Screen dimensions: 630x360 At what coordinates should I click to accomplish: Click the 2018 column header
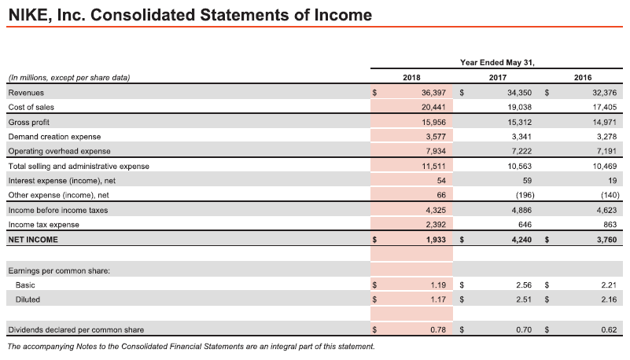411,78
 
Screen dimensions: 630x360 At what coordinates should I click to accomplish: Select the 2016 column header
583,78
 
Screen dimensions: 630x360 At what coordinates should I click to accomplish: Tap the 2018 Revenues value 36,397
433,93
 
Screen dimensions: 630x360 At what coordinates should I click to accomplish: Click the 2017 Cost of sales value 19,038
519,107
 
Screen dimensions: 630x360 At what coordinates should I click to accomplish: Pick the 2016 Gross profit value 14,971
604,122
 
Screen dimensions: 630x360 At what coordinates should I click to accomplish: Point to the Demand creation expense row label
54,137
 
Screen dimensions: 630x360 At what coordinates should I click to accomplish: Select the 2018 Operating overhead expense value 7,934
436,151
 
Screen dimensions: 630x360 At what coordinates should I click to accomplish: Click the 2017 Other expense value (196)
525,195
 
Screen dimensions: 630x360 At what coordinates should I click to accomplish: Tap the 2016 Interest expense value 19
613,181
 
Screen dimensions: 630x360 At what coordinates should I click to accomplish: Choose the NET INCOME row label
33,240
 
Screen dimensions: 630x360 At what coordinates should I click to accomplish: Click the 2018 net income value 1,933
436,240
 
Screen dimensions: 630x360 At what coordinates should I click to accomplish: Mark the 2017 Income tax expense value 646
525,225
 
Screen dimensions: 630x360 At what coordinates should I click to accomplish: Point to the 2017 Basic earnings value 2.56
524,285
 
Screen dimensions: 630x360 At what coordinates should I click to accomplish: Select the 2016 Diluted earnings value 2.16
609,299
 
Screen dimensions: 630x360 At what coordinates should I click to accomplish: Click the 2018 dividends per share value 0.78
438,329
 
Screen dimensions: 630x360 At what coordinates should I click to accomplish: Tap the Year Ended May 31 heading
497,63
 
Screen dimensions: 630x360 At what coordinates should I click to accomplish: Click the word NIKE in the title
28,15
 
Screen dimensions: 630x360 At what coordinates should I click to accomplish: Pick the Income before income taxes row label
58,211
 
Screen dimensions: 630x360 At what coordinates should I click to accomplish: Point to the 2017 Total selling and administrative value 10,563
519,166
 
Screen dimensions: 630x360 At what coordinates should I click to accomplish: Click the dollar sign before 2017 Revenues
462,93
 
